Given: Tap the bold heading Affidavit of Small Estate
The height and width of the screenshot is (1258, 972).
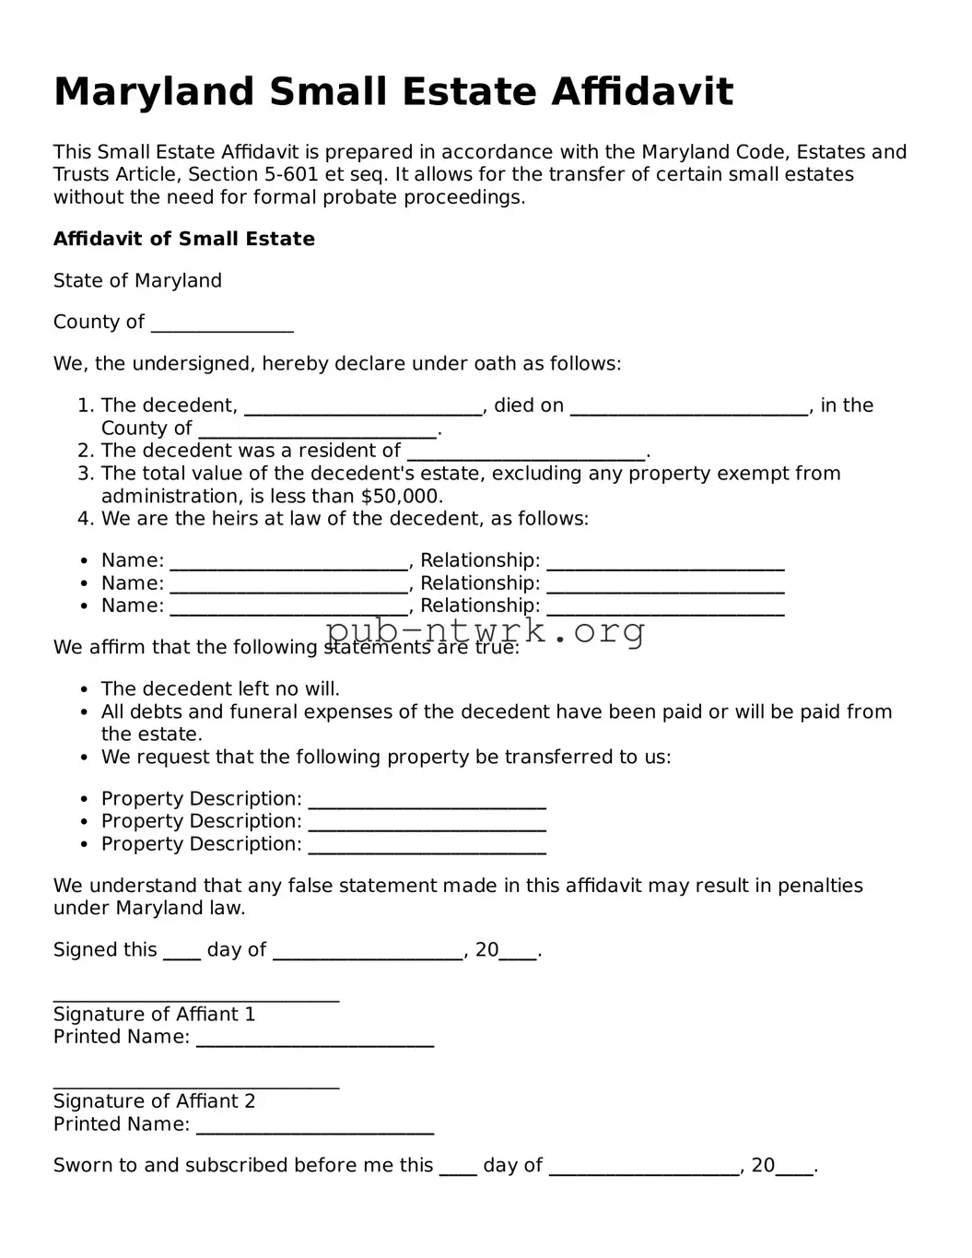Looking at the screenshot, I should tap(183, 239).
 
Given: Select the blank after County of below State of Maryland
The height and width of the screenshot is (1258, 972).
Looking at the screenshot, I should tap(222, 324).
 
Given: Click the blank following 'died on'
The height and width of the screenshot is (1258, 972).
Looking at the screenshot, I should tap(689, 408).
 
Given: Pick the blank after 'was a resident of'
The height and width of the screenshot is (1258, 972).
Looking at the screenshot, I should tap(526, 453).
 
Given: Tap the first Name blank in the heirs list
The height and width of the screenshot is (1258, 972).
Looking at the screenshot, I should tap(289, 563).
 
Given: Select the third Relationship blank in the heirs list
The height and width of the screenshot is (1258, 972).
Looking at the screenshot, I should tap(665, 608).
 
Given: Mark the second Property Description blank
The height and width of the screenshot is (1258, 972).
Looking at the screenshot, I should tap(427, 824).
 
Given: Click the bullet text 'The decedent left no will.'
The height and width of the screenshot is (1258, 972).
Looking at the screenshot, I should tap(220, 688).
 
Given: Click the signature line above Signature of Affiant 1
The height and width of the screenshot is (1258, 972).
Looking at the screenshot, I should tap(196, 997).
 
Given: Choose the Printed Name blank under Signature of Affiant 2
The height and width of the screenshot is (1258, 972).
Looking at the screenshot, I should tap(315, 1127).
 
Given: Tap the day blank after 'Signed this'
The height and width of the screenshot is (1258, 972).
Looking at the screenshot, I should tap(182, 953).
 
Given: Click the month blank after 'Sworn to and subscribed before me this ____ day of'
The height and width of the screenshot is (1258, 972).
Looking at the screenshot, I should tap(644, 1169).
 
